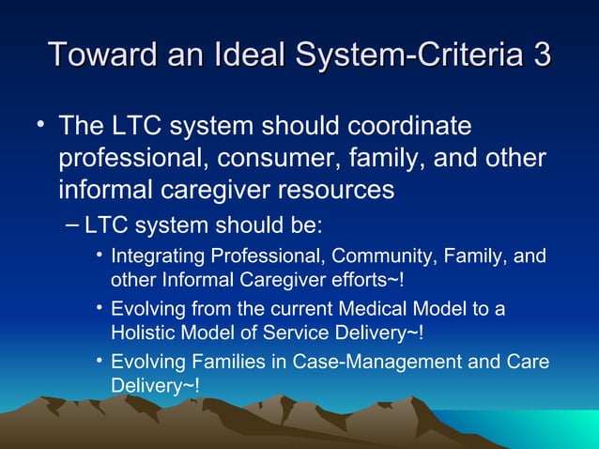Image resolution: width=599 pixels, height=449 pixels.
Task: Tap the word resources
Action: tap(328, 190)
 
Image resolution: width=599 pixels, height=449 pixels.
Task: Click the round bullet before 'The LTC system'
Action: tap(40, 124)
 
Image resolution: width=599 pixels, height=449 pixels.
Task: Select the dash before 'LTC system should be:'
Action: tap(74, 224)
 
